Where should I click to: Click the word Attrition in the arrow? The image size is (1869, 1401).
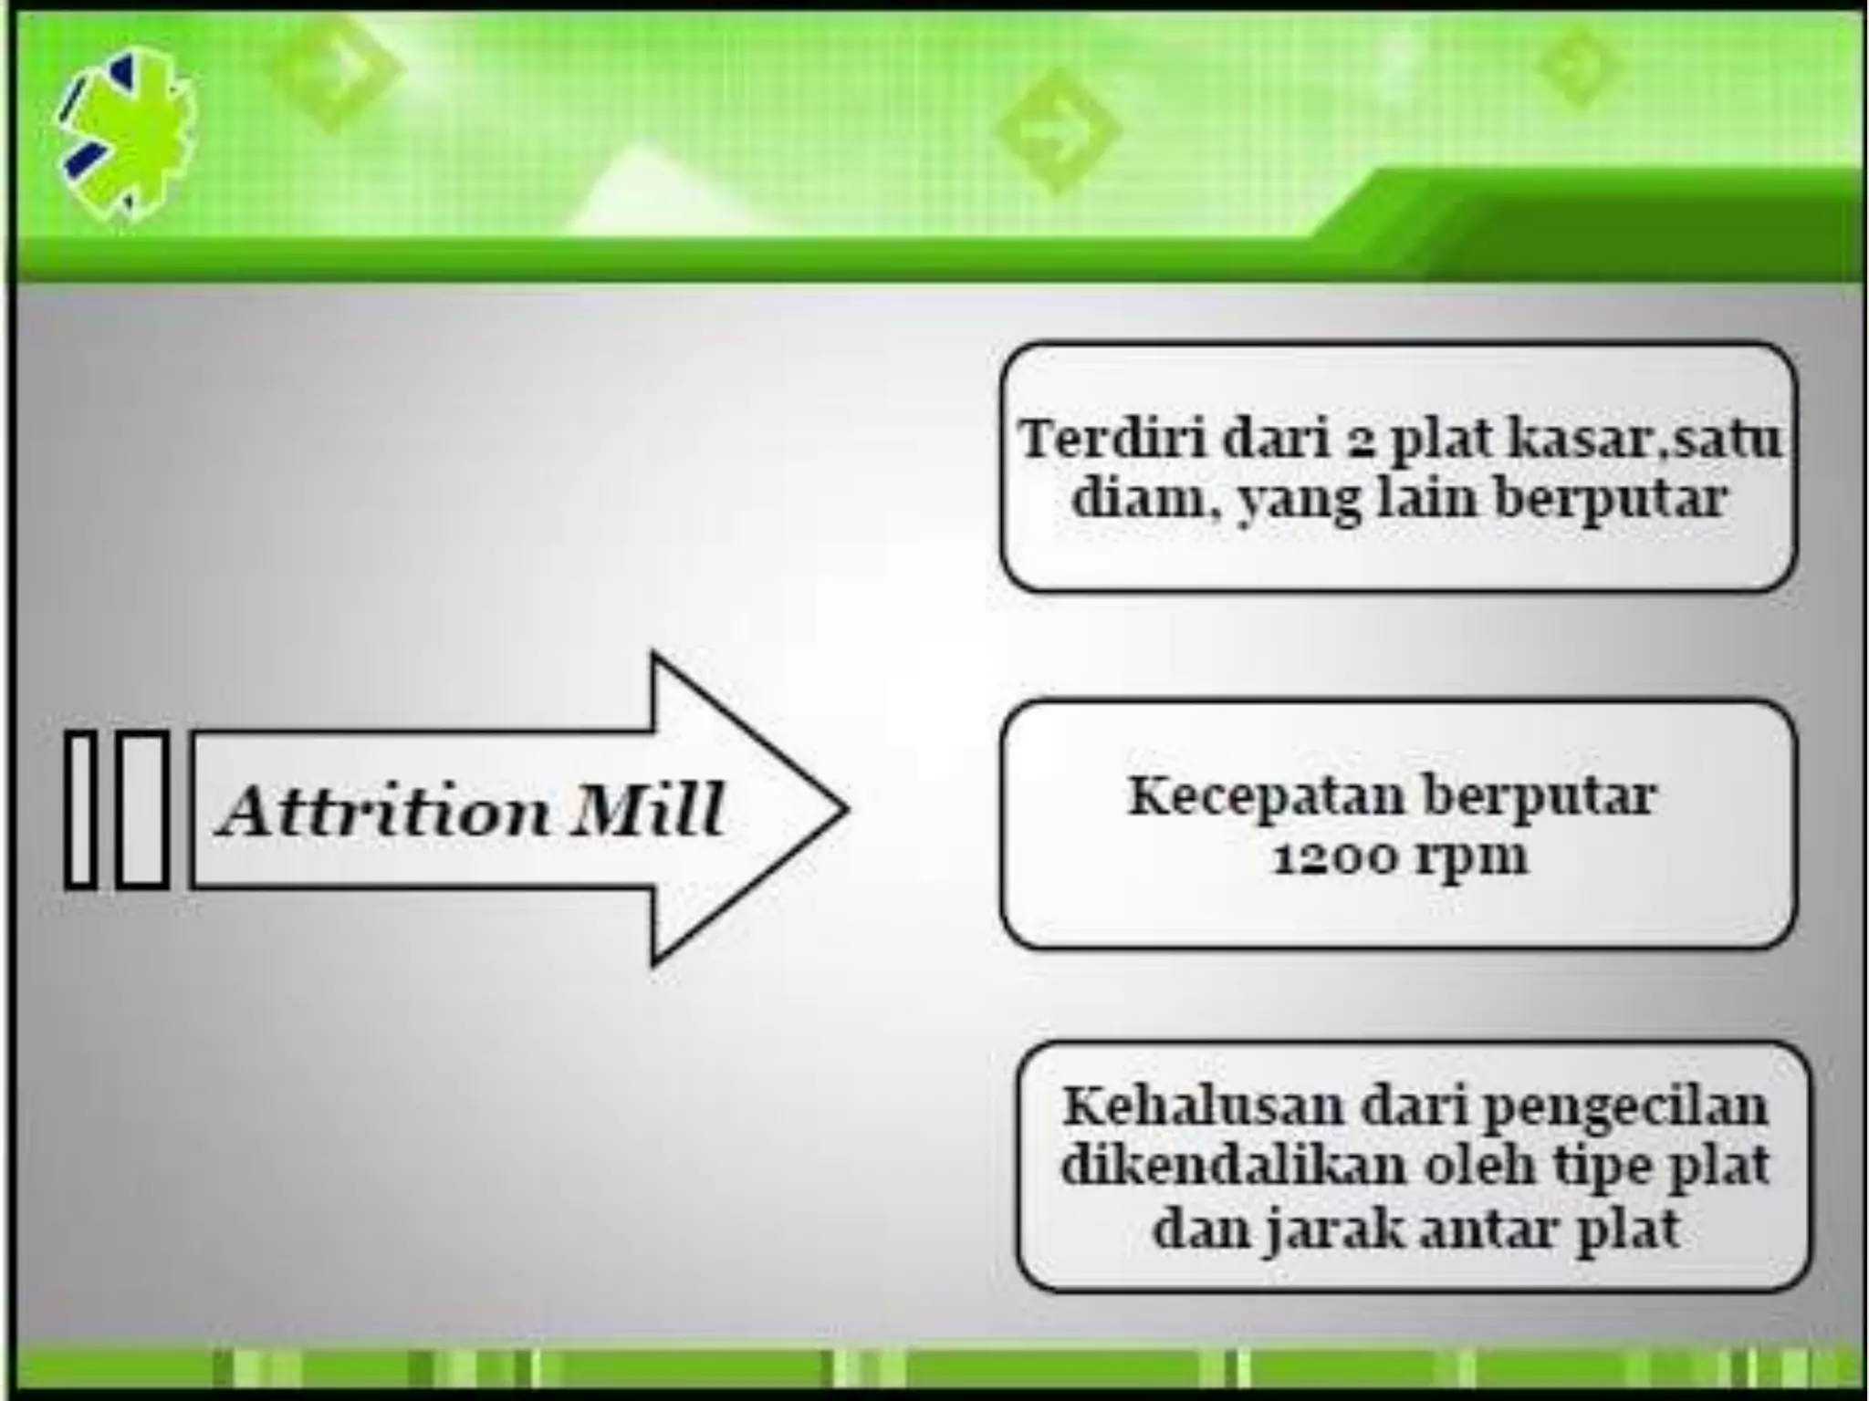(x=383, y=810)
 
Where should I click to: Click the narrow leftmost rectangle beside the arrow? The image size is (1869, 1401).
(x=81, y=809)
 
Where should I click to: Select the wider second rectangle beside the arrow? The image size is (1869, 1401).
(x=143, y=809)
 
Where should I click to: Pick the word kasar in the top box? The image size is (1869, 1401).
(x=1586, y=440)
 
